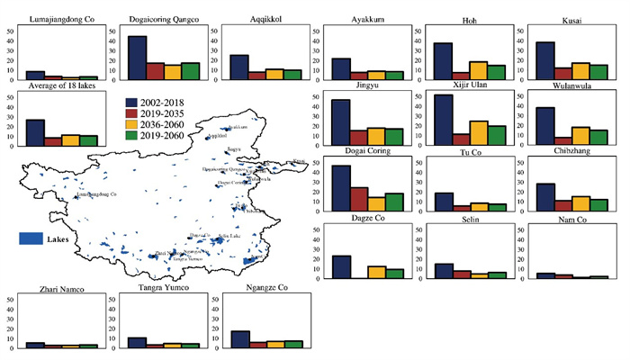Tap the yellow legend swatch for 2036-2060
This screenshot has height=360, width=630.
pos(132,127)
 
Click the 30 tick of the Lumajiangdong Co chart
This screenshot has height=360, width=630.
pos(10,49)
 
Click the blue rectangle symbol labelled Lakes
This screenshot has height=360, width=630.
pos(31,239)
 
